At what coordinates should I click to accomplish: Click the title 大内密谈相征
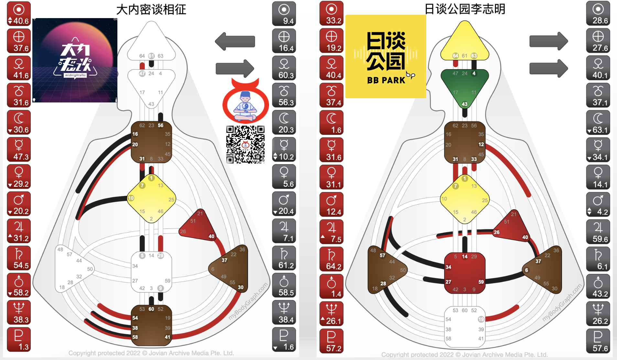[151, 9]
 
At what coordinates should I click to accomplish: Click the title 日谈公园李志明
[465, 9]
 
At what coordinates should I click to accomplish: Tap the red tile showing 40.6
[19, 14]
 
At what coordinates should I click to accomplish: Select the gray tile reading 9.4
[284, 14]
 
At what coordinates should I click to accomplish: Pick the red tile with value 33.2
[331, 14]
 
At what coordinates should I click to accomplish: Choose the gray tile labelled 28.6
[598, 14]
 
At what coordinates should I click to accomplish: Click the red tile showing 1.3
[19, 340]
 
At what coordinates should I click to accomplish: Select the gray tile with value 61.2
[284, 258]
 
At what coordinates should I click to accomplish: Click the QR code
[245, 144]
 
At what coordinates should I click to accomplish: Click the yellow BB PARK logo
[385, 57]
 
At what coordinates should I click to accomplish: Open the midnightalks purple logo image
[75, 60]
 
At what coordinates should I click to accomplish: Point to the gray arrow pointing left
[235, 41]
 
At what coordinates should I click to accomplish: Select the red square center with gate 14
[465, 273]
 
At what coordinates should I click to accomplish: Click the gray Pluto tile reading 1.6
[284, 340]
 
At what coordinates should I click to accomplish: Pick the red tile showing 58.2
[19, 285]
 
